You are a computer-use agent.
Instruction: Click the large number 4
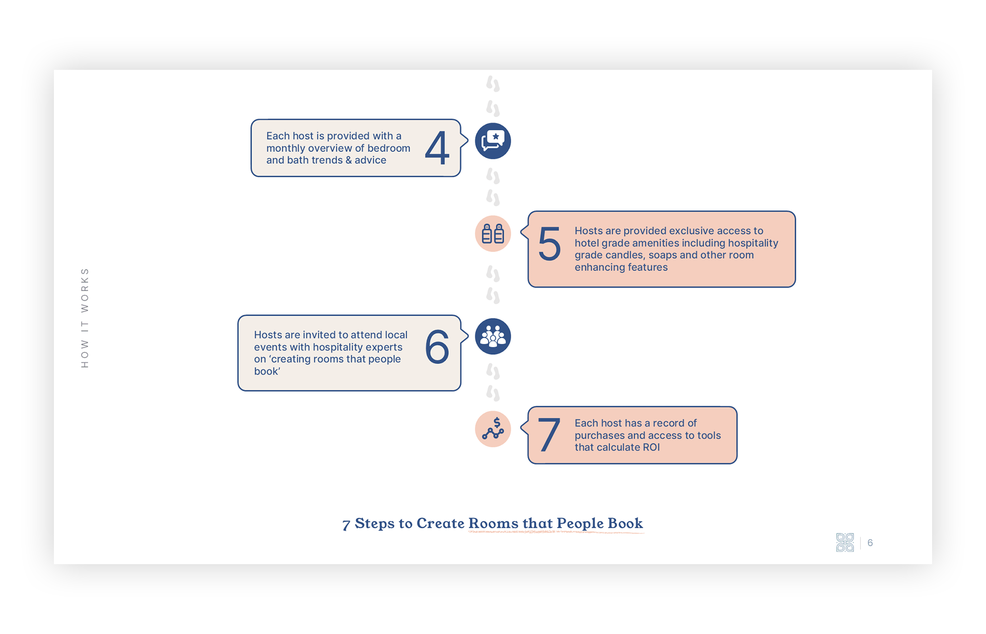tap(437, 148)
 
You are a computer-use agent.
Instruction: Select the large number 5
tap(549, 244)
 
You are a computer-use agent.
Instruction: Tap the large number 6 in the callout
tap(437, 347)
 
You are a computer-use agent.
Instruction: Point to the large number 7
tap(548, 435)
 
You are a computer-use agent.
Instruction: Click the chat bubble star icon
tap(493, 141)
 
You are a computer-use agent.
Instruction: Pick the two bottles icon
tap(493, 234)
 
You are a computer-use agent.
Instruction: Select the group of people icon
tap(493, 337)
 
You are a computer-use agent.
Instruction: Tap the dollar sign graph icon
tap(493, 429)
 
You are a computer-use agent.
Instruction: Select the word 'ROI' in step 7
tap(651, 447)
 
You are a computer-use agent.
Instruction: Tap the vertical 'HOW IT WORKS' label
tap(85, 318)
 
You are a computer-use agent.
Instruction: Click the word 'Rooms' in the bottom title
tap(493, 523)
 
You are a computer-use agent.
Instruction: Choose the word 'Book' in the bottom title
tap(625, 523)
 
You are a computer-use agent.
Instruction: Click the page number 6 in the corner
tap(870, 543)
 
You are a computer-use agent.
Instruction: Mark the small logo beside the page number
tap(845, 543)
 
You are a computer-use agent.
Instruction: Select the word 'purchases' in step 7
tap(599, 435)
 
